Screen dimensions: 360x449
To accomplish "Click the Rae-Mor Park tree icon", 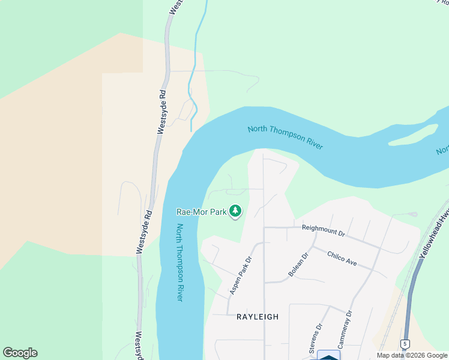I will point(236,211).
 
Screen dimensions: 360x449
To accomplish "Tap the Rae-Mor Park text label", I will point(201,212).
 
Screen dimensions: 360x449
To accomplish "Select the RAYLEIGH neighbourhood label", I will point(258,317).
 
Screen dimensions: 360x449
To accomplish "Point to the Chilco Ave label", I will point(342,258).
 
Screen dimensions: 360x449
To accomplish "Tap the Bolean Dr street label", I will point(298,264).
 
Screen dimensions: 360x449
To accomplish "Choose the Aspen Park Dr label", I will point(240,276).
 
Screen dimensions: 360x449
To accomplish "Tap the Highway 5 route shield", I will point(405,344).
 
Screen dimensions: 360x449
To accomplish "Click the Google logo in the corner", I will point(20,353).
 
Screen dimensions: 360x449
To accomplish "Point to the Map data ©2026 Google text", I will point(412,355).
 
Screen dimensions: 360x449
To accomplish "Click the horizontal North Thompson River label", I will point(285,137).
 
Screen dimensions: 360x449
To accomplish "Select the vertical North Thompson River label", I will point(179,262).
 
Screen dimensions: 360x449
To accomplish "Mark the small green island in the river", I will point(414,135).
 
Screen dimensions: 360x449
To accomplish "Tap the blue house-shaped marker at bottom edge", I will point(328,355).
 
